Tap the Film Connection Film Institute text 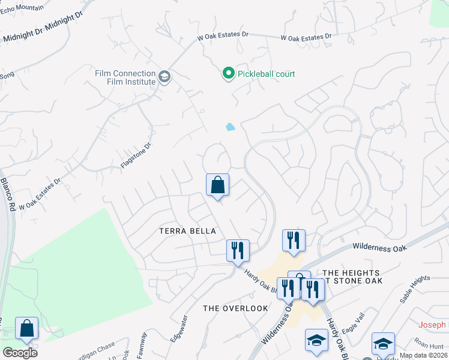coord(125,77)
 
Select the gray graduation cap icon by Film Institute coord(164,77)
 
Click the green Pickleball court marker coord(228,74)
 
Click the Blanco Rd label coord(8,194)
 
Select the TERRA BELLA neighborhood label coord(187,230)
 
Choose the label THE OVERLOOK coord(235,308)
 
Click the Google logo coord(20,353)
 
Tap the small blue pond coord(230,127)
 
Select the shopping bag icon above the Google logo coord(26,328)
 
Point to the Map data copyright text coord(424,355)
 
